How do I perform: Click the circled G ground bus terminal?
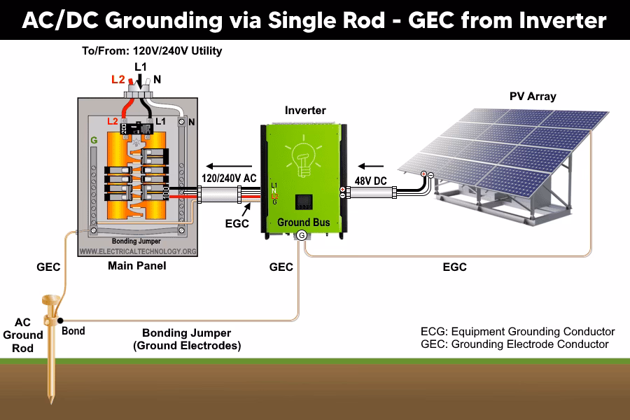click(x=302, y=236)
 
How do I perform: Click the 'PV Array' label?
click(x=533, y=96)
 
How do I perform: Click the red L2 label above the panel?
click(x=118, y=80)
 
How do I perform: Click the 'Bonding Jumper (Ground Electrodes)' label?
click(x=186, y=339)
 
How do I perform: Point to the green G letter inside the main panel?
click(x=94, y=141)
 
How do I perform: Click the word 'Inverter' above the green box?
click(x=305, y=111)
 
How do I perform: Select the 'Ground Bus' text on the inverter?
click(x=304, y=223)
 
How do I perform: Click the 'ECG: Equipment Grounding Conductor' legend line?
click(x=517, y=332)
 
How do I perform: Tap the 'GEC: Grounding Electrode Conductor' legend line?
click(x=514, y=344)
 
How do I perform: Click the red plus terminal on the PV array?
click(x=423, y=174)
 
